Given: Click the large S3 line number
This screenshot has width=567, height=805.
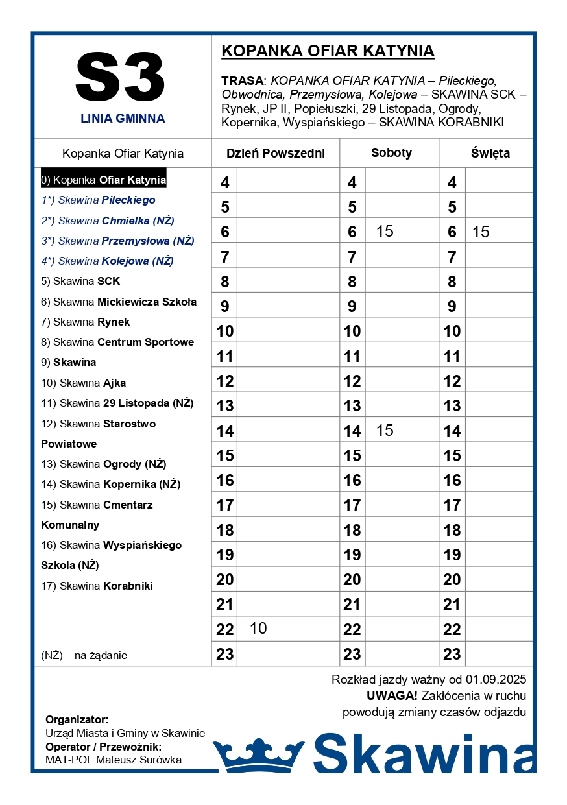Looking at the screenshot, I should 121,78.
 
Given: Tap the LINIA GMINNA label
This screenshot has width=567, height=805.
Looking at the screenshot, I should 123,119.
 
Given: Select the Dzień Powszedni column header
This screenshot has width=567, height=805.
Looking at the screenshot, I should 275,154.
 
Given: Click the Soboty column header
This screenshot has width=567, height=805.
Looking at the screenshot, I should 391,153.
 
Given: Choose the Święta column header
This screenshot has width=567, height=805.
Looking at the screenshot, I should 490,154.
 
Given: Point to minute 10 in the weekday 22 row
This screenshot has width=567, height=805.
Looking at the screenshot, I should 258,629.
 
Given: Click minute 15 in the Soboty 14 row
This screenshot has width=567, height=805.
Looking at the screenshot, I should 385,431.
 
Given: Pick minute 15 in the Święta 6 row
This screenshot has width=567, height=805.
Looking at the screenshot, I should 481,232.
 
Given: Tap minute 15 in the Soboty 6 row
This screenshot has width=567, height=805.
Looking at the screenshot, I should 385,232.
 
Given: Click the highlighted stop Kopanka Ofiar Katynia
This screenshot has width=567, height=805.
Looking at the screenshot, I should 104,180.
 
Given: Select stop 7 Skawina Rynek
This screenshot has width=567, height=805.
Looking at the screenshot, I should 86,322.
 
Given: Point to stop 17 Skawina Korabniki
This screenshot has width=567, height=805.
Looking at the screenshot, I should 97,586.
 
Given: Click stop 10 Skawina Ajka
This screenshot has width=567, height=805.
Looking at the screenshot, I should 84,383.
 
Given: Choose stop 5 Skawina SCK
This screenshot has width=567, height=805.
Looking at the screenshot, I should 80,282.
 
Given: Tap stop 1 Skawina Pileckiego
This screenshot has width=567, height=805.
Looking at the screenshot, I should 98,200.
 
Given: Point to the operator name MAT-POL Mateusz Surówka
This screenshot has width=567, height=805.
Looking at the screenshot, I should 114,760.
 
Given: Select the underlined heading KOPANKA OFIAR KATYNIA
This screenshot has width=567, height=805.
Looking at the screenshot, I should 328,51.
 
